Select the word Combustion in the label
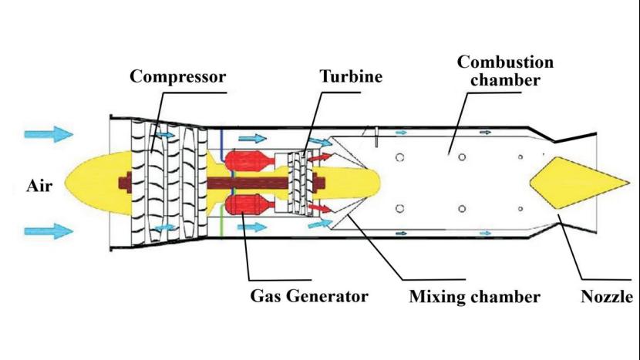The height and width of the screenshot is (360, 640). [x=504, y=62]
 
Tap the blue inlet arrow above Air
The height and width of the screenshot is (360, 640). [x=48, y=134]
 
